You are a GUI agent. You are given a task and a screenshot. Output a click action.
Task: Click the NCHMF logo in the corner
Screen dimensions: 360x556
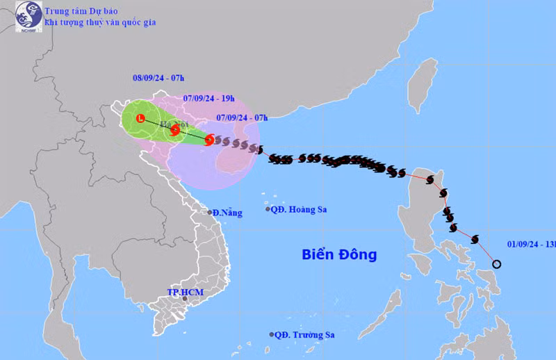[28, 16]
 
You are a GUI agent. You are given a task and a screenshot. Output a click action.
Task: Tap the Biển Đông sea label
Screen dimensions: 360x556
[339, 254]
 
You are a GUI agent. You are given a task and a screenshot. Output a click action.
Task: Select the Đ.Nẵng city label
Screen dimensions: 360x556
[227, 213]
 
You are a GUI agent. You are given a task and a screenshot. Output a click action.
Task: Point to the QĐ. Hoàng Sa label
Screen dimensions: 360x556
[300, 209]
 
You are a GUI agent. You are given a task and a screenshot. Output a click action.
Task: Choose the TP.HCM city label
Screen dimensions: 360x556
[185, 292]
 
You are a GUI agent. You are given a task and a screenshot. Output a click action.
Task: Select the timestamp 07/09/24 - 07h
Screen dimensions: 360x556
[241, 117]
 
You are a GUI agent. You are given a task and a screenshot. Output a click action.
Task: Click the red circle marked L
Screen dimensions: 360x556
[140, 119]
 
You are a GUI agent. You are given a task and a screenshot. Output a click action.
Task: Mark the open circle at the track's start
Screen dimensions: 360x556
[496, 263]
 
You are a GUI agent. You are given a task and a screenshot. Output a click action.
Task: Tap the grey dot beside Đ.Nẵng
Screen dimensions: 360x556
[209, 212]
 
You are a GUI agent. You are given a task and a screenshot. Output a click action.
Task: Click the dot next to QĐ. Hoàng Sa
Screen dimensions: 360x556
[268, 209]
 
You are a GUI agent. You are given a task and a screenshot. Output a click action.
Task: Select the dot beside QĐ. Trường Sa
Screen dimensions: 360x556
[271, 334]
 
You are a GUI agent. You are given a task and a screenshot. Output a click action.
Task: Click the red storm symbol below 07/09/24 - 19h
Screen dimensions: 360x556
[175, 129]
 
